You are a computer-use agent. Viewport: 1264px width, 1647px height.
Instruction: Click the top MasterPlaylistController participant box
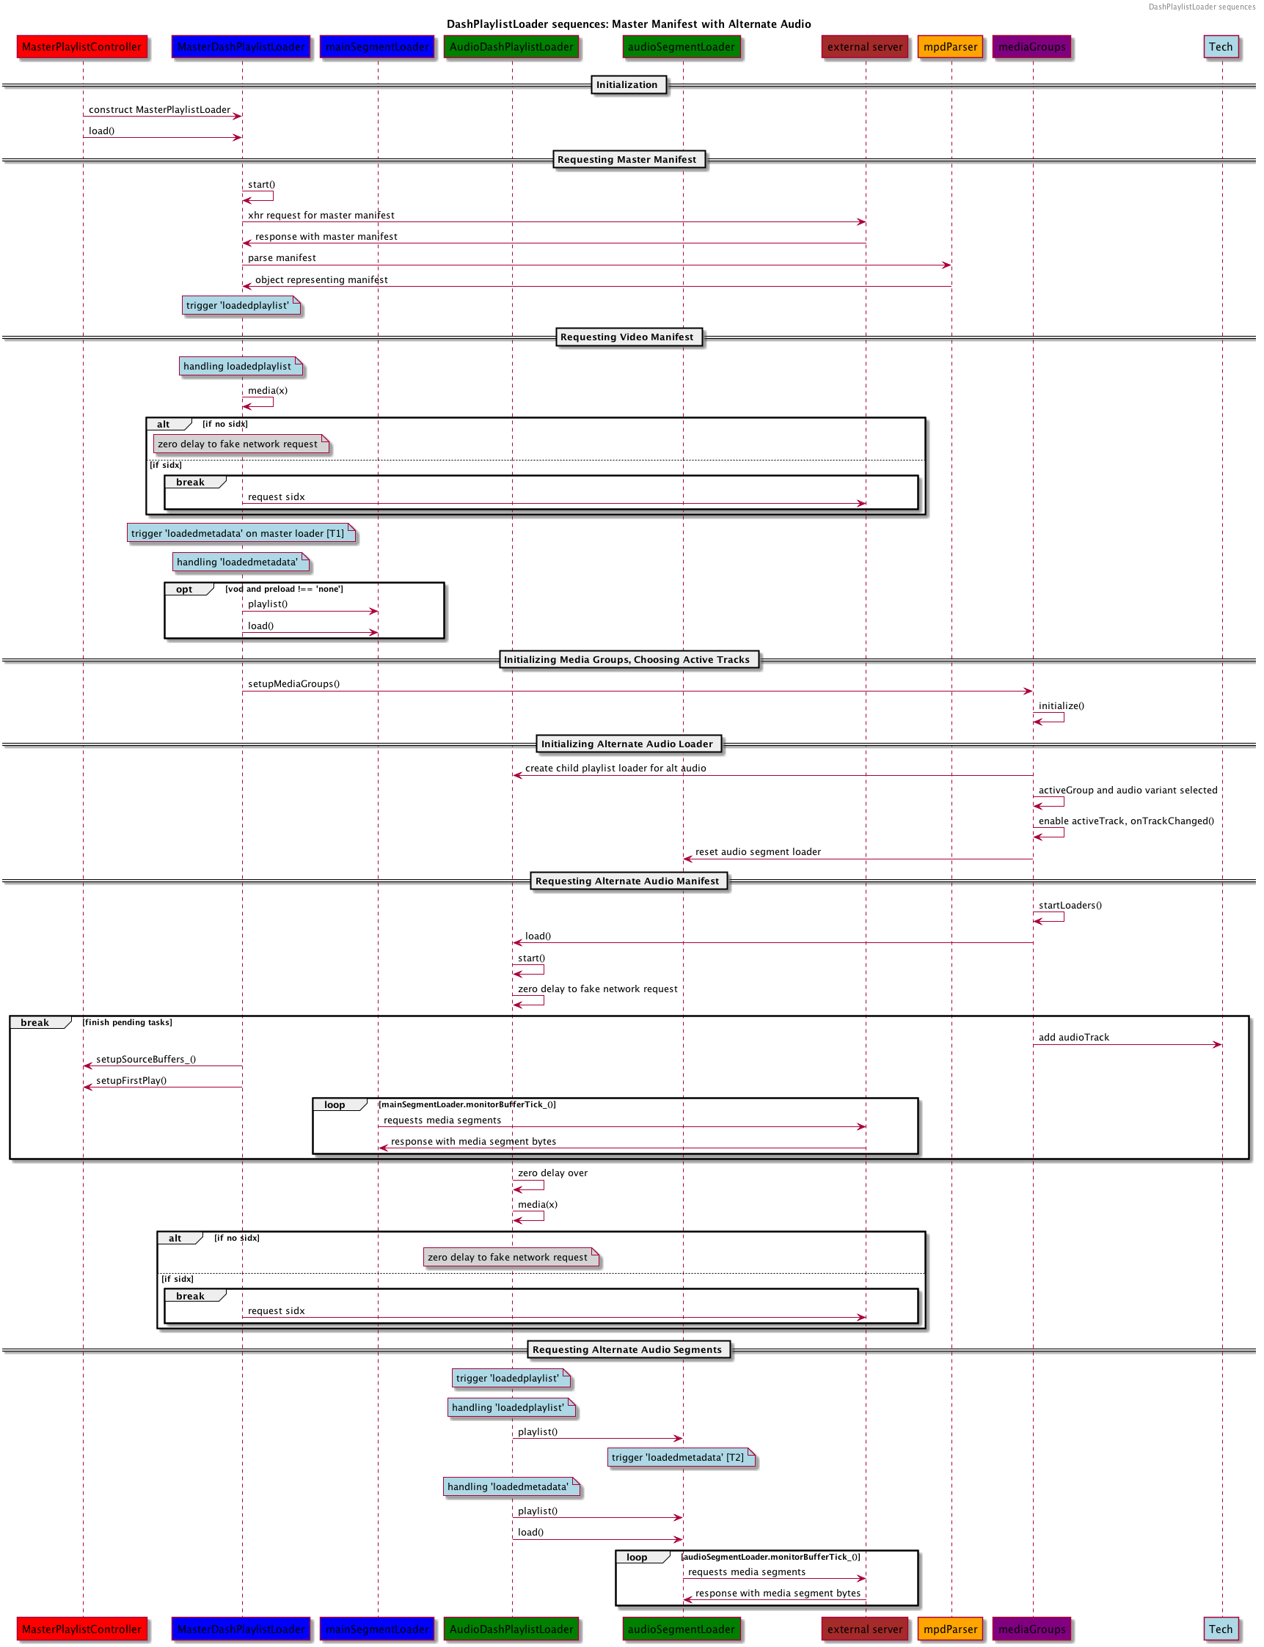(x=82, y=47)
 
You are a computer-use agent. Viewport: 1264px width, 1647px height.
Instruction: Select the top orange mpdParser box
(x=950, y=47)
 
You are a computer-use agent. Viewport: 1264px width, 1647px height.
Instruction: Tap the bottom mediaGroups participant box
(x=1031, y=1628)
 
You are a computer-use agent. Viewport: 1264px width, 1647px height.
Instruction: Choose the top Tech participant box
(x=1221, y=47)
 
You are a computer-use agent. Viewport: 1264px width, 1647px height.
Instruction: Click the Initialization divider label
(x=626, y=85)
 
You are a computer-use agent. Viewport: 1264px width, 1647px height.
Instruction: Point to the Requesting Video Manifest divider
(x=626, y=337)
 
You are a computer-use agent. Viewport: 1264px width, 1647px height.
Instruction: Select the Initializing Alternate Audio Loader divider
(x=626, y=744)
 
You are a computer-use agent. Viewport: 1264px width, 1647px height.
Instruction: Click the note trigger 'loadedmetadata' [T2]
(x=678, y=1458)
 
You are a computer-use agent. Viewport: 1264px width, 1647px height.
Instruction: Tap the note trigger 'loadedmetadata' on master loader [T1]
(x=238, y=533)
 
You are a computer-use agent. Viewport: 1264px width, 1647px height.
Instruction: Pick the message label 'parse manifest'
(x=282, y=258)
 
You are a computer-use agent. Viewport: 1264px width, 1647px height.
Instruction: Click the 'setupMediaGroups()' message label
(x=294, y=683)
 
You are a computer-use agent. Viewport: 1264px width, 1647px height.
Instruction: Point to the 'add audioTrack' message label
(x=1074, y=1037)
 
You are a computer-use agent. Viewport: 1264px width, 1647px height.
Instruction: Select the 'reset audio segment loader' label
(x=758, y=852)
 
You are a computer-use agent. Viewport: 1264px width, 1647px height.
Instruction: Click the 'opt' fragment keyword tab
(x=184, y=590)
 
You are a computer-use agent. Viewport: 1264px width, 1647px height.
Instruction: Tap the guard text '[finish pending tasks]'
(x=128, y=1022)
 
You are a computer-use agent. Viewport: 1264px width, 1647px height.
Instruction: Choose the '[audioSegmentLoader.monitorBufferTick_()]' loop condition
(x=771, y=1557)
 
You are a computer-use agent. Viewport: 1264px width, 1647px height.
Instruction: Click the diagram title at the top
(x=629, y=24)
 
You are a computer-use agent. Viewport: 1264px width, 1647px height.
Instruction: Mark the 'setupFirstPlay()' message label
(x=131, y=1081)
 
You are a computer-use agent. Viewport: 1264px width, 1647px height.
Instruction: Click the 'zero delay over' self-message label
(x=553, y=1173)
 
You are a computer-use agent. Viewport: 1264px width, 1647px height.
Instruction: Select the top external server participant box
(x=864, y=47)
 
